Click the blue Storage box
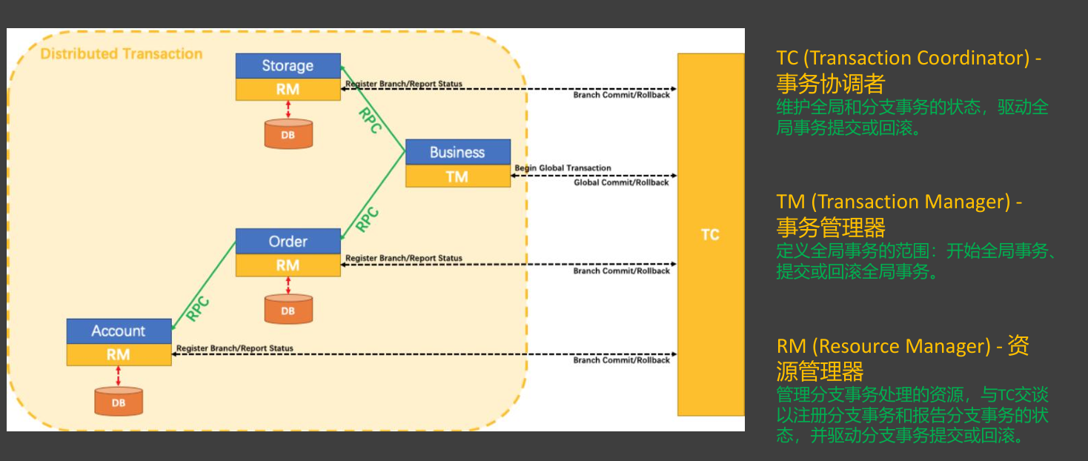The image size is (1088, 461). click(x=288, y=65)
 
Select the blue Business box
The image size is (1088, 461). click(x=457, y=152)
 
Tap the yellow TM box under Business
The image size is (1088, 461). click(x=457, y=176)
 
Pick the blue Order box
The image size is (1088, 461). click(x=288, y=241)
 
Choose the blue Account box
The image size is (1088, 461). click(x=119, y=331)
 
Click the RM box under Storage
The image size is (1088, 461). click(x=288, y=89)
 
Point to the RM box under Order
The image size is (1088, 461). click(x=288, y=265)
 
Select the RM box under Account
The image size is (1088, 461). click(x=119, y=354)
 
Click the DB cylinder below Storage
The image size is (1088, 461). click(x=288, y=134)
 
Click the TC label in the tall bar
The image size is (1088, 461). click(x=710, y=234)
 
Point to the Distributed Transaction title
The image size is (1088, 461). click(x=122, y=54)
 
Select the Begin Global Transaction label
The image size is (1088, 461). click(x=563, y=168)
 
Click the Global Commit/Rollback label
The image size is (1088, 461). click(x=621, y=182)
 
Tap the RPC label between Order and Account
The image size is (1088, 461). click(x=198, y=308)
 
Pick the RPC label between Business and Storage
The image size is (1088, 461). click(x=369, y=120)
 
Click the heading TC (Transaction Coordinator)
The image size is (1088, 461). click(x=909, y=59)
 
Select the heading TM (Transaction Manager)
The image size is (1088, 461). click(x=899, y=202)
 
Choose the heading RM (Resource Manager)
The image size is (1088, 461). click(x=883, y=346)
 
